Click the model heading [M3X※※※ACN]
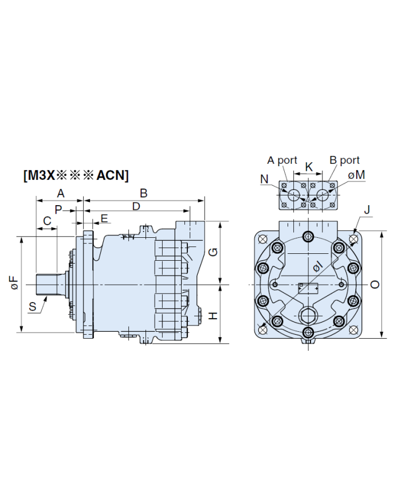76,175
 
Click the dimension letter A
60,193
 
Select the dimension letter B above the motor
144,193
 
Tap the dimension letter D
136,206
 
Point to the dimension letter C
47,220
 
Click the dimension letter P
58,210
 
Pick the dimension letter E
104,218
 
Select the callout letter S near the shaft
33,307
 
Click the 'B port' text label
344,160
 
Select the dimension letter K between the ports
309,167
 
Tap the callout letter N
264,179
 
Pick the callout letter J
367,210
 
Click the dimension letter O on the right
375,285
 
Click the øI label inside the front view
316,266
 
